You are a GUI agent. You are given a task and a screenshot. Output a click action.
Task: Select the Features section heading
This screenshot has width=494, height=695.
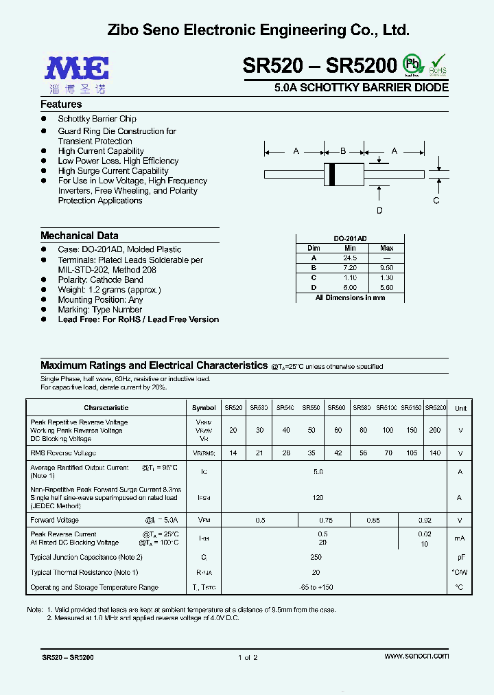[61, 104]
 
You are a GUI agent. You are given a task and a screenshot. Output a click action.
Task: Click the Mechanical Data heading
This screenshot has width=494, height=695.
[79, 236]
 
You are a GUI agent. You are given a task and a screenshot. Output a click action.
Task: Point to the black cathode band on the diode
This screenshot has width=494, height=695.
[333, 173]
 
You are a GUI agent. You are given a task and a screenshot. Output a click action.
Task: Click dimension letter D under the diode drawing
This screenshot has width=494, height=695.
[379, 211]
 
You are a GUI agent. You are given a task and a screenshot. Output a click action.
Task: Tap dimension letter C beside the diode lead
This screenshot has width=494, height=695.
[436, 201]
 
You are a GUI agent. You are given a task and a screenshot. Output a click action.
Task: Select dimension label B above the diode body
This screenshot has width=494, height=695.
[343, 151]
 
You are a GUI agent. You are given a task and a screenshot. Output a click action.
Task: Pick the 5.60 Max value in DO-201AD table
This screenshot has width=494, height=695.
[386, 288]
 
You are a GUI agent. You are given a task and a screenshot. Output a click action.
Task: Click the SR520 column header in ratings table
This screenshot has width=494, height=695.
[233, 408]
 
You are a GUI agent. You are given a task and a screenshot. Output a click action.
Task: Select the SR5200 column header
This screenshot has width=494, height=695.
[436, 408]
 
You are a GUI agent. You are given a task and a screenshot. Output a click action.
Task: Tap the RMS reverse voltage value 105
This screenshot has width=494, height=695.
[411, 453]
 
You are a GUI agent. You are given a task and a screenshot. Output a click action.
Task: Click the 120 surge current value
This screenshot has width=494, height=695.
[318, 497]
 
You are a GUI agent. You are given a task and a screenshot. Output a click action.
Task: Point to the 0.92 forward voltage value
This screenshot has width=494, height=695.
[425, 521]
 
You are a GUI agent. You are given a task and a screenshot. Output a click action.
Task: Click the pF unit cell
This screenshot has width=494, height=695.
[460, 558]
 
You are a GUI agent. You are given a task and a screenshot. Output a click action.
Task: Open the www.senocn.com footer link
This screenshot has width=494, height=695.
[416, 656]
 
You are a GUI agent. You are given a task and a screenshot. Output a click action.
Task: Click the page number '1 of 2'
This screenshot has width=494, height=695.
[247, 657]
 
